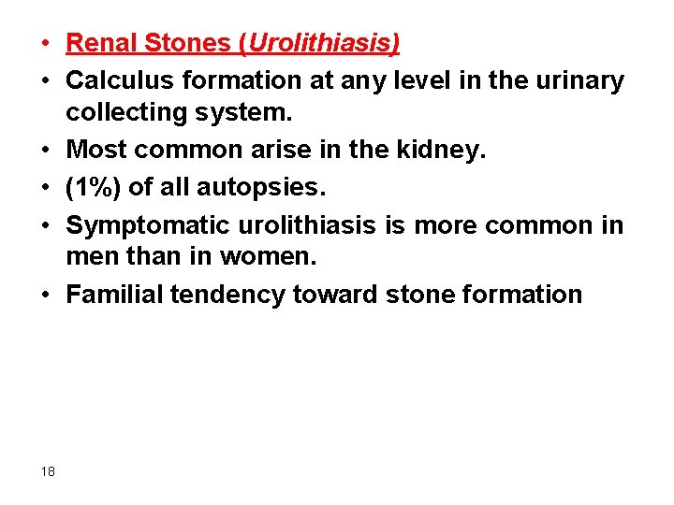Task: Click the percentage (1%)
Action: click(x=94, y=187)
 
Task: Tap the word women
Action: click(x=276, y=257)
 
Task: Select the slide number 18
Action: click(x=48, y=471)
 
